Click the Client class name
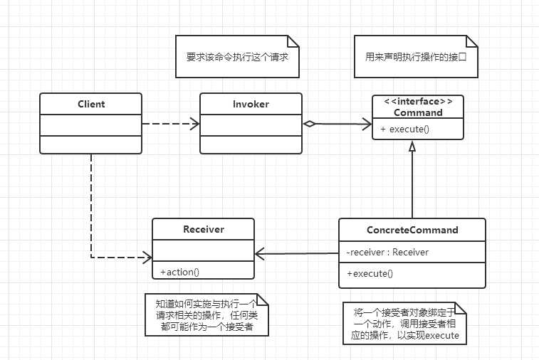[x=91, y=104]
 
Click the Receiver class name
[x=203, y=229]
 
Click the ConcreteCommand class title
[x=412, y=230]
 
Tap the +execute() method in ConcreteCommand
[x=370, y=272]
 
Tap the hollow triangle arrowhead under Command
[x=412, y=147]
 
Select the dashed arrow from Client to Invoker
[x=171, y=124]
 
